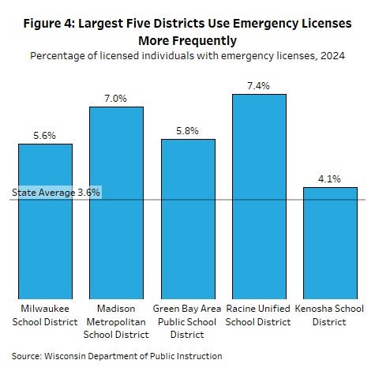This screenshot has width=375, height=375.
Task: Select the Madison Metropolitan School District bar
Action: coord(116,201)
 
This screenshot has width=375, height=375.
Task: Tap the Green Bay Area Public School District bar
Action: coord(188,217)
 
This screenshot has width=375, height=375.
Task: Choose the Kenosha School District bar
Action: coord(330,241)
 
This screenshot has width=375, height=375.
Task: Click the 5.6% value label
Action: coord(45,136)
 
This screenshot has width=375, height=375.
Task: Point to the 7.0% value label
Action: coord(116,99)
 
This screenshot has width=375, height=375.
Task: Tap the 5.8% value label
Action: coord(188,130)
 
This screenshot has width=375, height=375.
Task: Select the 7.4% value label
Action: coord(259,86)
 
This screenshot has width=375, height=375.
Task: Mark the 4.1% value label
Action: coord(330,179)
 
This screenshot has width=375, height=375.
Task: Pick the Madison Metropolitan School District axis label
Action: coord(116,321)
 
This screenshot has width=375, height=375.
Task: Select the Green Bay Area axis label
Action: coord(188,321)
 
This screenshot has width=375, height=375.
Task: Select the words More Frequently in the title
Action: coord(187,40)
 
